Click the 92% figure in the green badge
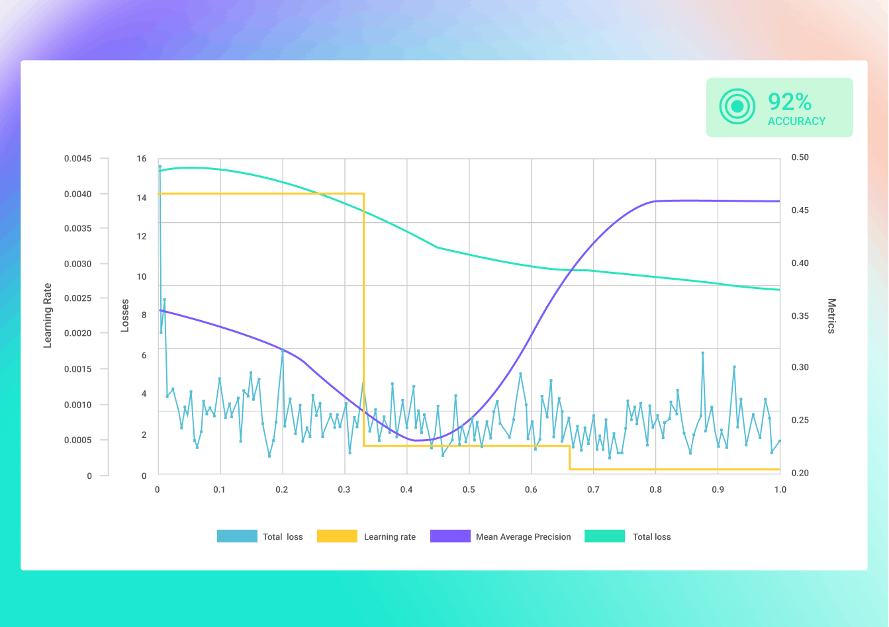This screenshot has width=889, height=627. coord(789,101)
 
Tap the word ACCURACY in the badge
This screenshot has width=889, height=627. coord(796,122)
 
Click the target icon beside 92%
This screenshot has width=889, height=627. coord(737,106)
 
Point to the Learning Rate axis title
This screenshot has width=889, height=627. coord(48,315)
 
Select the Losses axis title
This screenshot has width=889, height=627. coord(125,315)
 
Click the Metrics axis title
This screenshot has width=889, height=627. coord(831,315)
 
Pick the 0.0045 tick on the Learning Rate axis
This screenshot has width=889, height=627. coord(77,159)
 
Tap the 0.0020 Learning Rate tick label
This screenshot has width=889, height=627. coord(77,333)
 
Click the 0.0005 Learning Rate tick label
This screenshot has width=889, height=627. coord(77,440)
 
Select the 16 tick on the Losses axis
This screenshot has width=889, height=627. coord(142,159)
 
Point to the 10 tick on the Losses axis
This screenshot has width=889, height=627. coord(142,276)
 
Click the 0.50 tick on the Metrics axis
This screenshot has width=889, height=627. coord(800,157)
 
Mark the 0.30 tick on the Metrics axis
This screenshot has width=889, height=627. coord(800,367)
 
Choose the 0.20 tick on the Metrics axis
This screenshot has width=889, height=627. coord(800,473)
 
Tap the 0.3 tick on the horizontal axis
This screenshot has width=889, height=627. coord(344,490)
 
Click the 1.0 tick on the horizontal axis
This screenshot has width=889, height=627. coord(780,490)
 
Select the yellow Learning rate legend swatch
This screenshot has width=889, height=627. coord(337,536)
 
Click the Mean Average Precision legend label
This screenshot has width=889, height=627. coord(523,537)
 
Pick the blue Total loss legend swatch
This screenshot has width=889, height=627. coord(237,536)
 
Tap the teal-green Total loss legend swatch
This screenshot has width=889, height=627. coord(604,536)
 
